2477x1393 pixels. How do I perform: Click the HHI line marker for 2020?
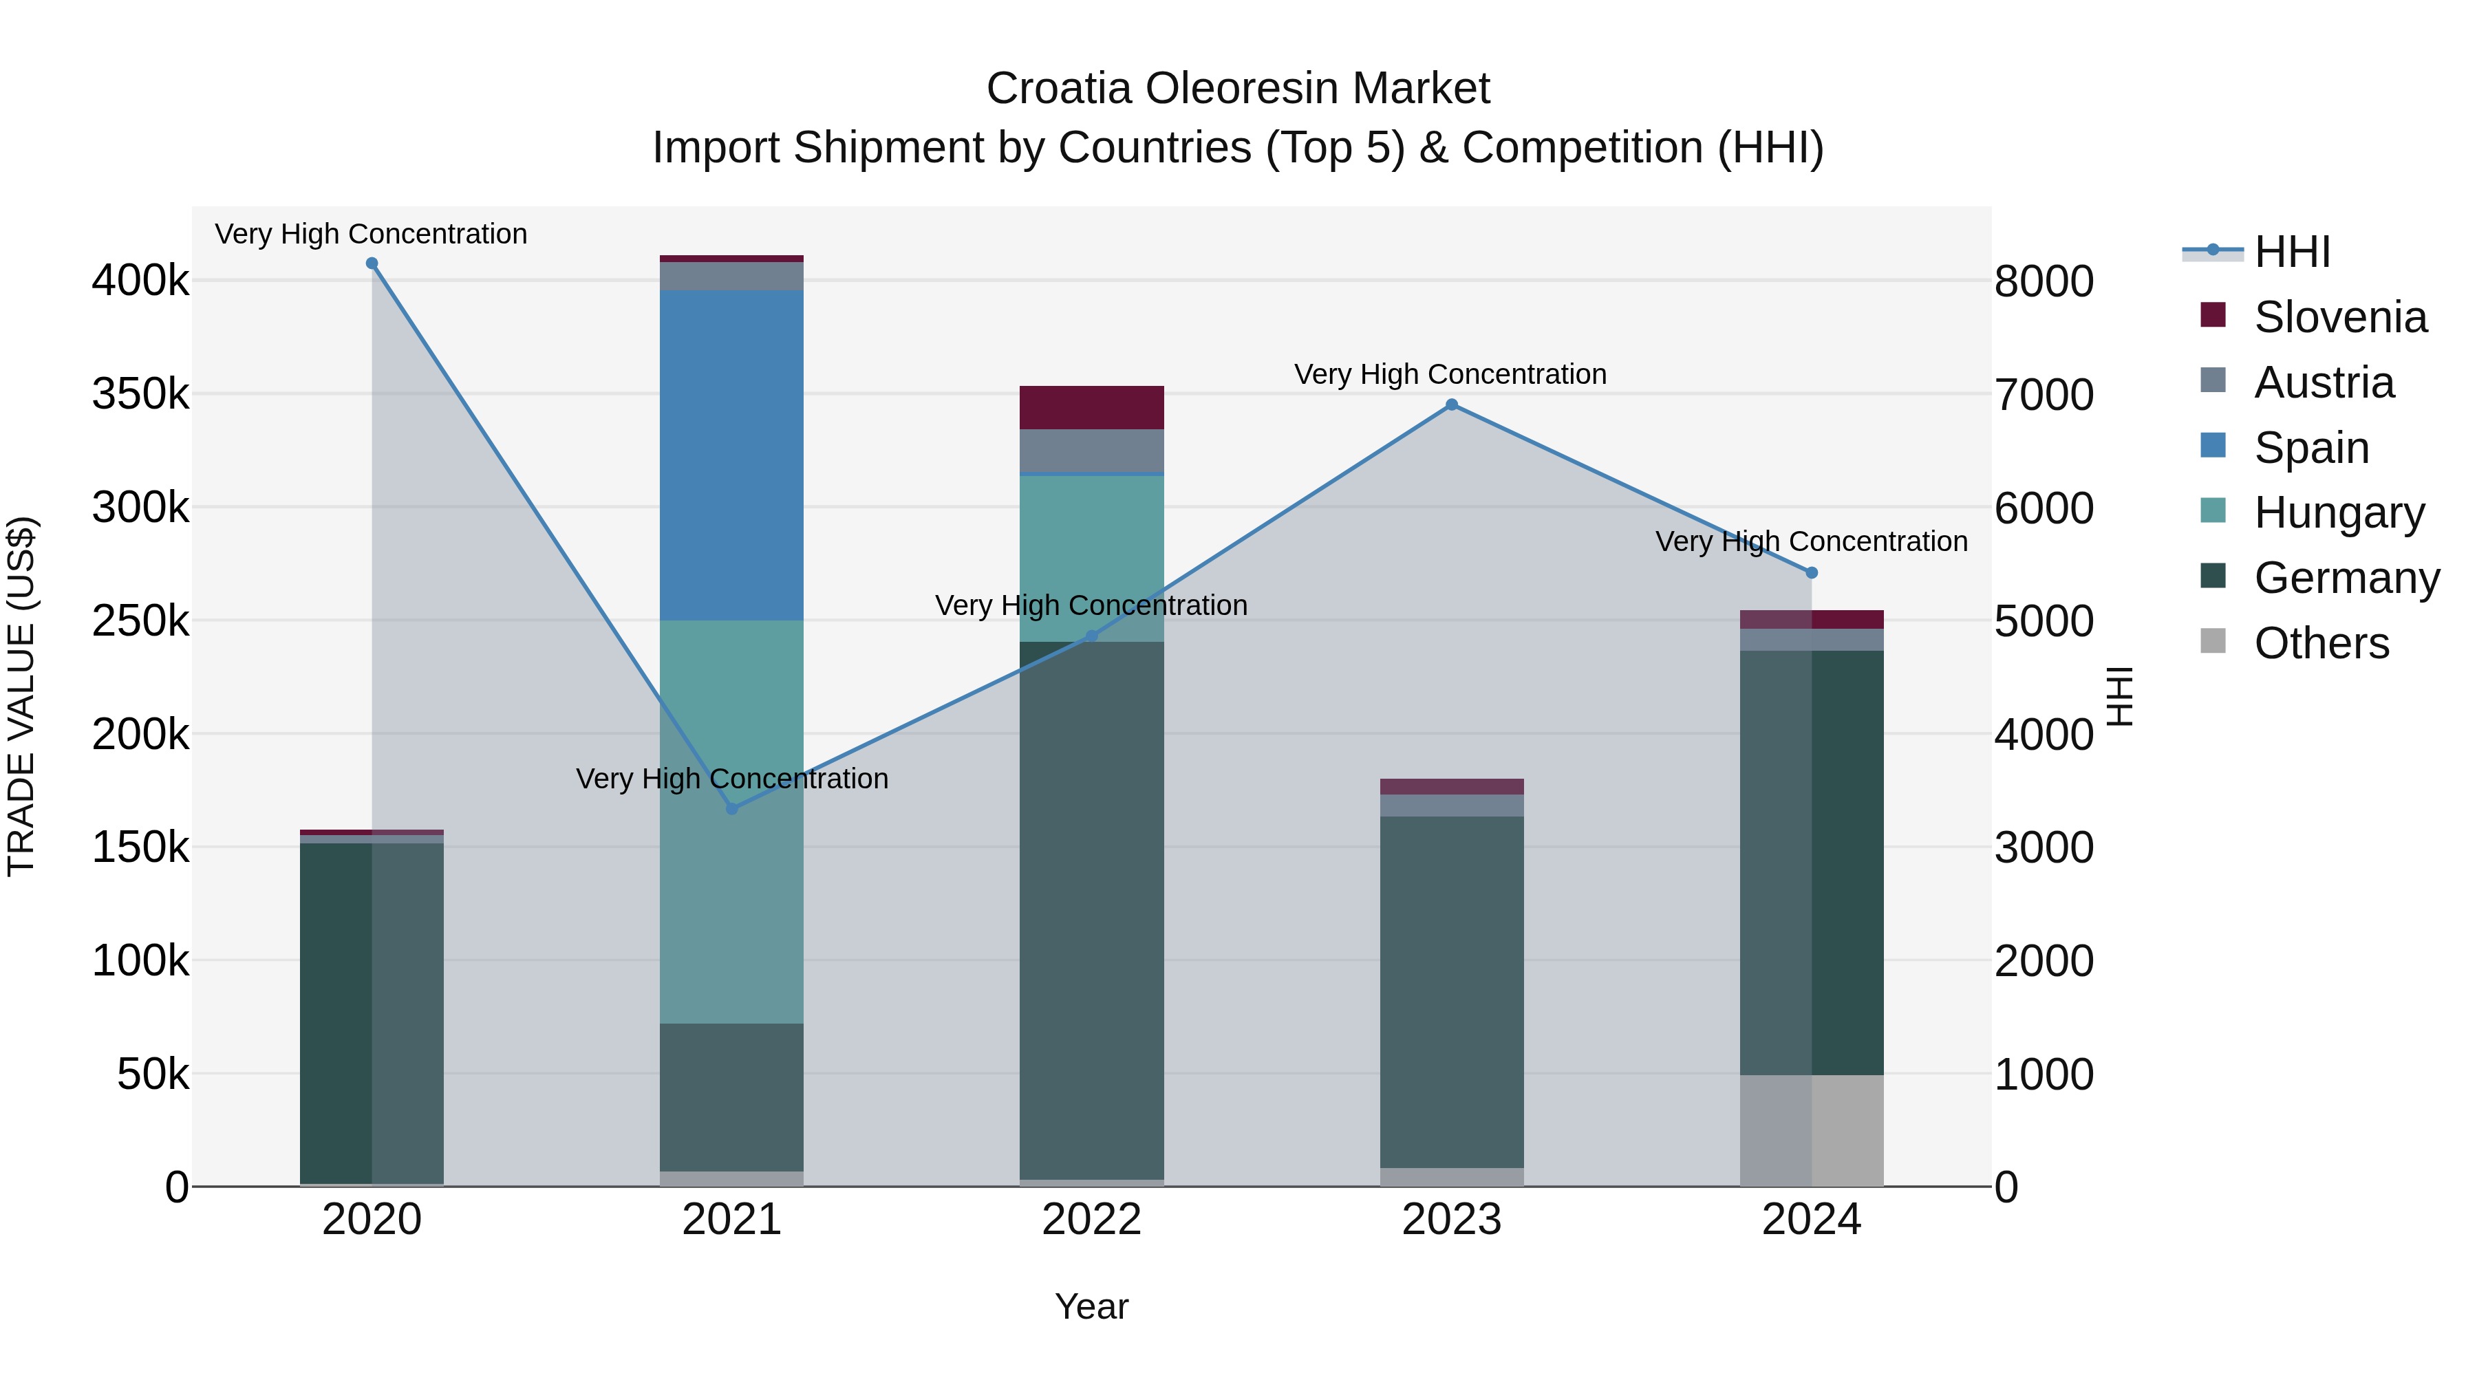pos(372,263)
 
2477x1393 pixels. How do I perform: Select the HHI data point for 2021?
pos(732,810)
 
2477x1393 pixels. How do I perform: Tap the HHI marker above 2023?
pos(1452,404)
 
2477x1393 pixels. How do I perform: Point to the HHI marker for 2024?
pos(1812,573)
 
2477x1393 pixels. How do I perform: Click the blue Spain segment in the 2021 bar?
pos(732,455)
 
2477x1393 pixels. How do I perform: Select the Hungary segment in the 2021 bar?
pos(732,822)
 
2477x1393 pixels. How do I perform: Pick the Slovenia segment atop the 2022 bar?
pos(1091,408)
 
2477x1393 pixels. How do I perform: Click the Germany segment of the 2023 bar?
pos(1452,990)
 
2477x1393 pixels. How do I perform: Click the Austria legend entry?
pos(2323,382)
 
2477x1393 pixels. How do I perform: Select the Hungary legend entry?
pos(2339,512)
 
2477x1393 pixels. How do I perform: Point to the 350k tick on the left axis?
pos(140,394)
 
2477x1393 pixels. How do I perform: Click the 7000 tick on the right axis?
pos(2044,395)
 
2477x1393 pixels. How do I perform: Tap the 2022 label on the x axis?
pos(1091,1220)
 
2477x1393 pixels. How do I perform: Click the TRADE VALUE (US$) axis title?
pos(21,696)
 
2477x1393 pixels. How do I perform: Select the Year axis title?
pos(1091,1306)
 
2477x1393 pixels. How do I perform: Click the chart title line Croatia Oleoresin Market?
pos(1238,89)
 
